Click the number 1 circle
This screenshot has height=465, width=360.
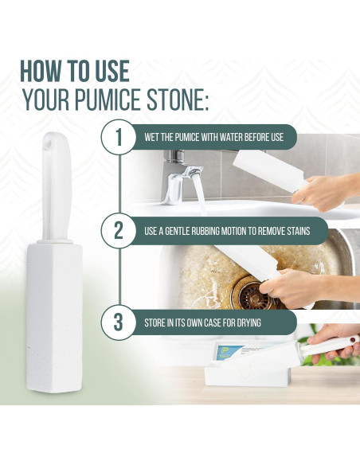pos(119,137)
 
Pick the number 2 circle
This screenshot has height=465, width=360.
pos(119,232)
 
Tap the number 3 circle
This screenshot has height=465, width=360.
pos(119,323)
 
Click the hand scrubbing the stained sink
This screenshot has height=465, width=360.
pos(307,287)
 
